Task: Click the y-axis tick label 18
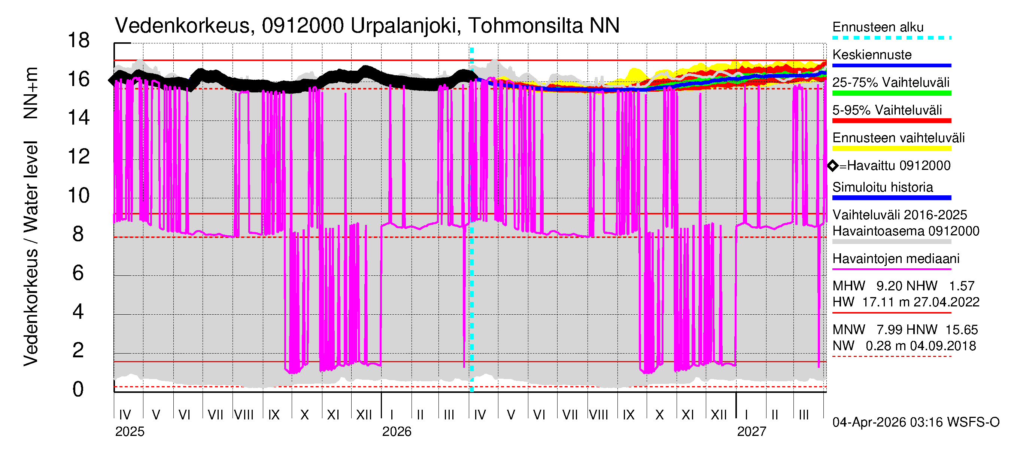pos(79,40)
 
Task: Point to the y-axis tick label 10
pos(79,195)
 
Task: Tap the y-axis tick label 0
pos(78,389)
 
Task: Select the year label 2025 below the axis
pos(130,431)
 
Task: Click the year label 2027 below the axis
pos(751,431)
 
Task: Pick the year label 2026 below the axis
pos(397,431)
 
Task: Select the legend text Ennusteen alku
pos(878,27)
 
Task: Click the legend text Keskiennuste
pos(872,55)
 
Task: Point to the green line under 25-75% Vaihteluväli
pos(891,93)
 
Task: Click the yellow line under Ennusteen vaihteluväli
pos(891,149)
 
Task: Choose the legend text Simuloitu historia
pos(882,187)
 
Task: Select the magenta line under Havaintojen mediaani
pos(891,269)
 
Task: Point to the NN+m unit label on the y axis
pos(31,93)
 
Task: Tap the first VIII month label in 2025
pos(244,415)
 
